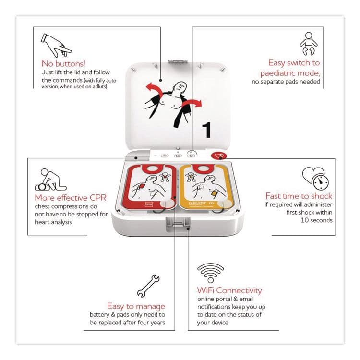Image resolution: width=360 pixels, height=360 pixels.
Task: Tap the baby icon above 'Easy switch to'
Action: pos(308,44)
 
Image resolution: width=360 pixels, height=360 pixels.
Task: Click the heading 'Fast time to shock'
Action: pos(299,196)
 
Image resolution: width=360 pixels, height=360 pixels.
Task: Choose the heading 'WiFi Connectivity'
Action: pos(229,290)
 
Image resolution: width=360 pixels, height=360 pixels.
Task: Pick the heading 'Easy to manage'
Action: pos(136,306)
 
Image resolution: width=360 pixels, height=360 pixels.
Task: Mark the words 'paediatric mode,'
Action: pos(290,73)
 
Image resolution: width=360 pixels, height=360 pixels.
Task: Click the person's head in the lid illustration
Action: pos(180,87)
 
